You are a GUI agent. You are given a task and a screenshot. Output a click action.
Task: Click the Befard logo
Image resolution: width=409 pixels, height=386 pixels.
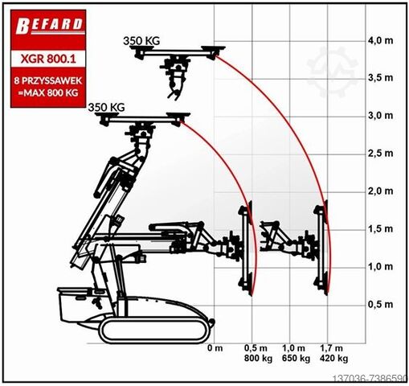49,26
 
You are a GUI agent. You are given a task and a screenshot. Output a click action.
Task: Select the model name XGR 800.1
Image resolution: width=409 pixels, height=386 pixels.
48,59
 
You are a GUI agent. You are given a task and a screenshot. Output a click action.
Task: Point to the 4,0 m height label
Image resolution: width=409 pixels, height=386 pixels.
381,40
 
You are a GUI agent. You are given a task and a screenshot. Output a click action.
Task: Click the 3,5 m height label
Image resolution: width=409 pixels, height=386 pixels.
381,78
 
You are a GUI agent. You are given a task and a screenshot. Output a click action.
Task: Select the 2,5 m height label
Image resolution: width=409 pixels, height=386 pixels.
381,154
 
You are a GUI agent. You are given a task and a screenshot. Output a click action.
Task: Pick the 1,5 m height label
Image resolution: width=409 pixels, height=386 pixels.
381,229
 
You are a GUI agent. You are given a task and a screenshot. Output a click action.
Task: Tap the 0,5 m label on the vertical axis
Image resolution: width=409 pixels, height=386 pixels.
381,305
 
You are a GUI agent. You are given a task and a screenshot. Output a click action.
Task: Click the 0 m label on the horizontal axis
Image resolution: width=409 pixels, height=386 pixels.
215,348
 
